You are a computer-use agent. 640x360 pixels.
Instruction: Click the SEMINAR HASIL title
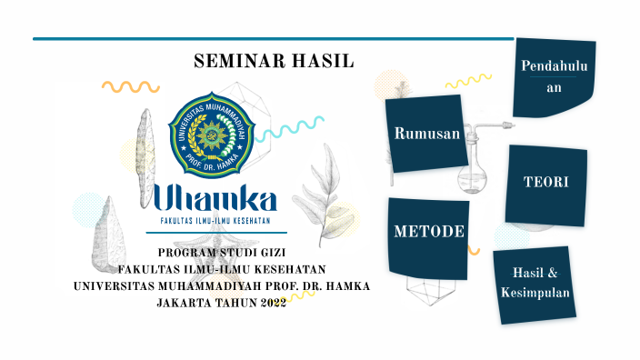(274, 62)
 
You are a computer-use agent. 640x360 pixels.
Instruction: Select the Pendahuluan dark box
(555, 78)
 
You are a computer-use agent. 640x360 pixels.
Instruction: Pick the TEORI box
(545, 183)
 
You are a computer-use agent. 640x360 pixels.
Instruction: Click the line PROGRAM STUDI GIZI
(222, 253)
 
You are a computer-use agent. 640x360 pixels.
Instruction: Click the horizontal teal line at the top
(273, 39)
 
